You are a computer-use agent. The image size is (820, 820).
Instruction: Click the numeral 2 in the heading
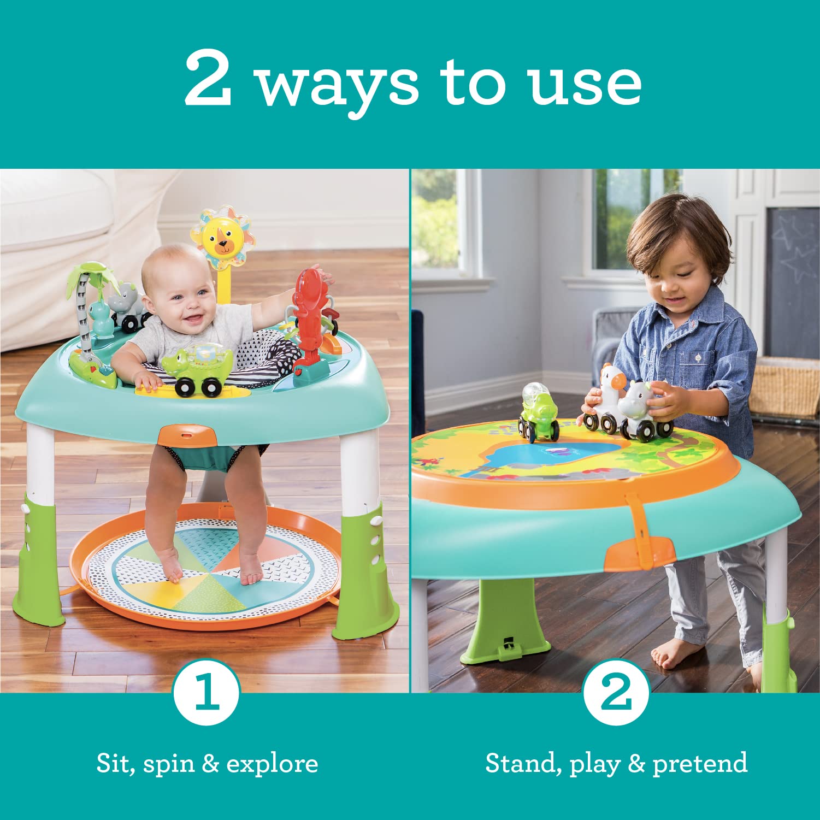click(x=208, y=79)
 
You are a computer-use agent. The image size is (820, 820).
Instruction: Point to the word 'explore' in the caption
click(x=272, y=764)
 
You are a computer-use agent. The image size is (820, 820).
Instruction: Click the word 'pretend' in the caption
click(x=700, y=764)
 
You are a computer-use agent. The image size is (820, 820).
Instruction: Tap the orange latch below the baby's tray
click(x=187, y=435)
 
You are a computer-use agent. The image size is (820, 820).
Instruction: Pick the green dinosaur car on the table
click(x=538, y=412)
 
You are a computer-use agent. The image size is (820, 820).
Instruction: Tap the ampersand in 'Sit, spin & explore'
click(x=210, y=763)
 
